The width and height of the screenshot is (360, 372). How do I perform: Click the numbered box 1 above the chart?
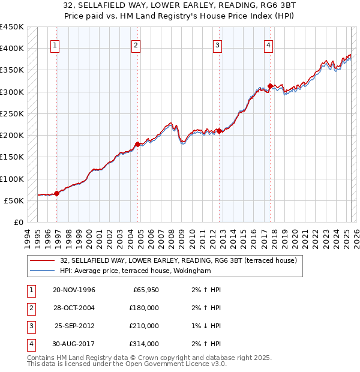(55, 45)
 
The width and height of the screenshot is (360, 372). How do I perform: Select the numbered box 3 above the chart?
(217, 45)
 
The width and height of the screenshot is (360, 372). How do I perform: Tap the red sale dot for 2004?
(138, 144)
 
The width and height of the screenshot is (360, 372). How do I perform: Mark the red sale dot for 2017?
(270, 86)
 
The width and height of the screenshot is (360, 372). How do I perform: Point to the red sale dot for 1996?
(57, 193)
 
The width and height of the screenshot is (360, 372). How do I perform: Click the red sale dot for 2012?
(220, 131)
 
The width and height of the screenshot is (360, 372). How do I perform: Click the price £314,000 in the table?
(144, 344)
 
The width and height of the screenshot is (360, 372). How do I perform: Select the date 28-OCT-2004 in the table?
(74, 308)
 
